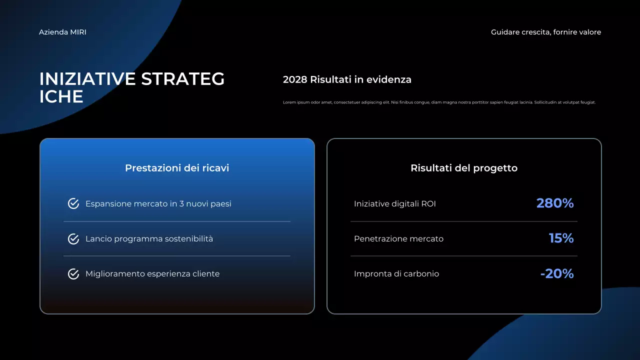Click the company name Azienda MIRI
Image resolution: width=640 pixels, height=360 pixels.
pyautogui.click(x=62, y=32)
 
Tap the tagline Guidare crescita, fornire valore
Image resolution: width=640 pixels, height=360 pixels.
pyautogui.click(x=545, y=32)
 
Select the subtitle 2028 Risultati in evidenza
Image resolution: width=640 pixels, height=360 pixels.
pyautogui.click(x=347, y=79)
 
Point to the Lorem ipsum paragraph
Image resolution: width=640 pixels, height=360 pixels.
pyautogui.click(x=439, y=102)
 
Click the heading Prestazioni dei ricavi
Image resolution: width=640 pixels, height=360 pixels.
pyautogui.click(x=177, y=168)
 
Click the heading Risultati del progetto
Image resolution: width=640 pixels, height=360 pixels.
pyautogui.click(x=463, y=168)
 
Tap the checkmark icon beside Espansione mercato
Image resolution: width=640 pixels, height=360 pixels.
pyautogui.click(x=73, y=203)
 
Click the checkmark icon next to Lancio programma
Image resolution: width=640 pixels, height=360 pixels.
pyautogui.click(x=73, y=239)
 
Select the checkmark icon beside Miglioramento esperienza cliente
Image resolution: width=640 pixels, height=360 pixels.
pyautogui.click(x=73, y=274)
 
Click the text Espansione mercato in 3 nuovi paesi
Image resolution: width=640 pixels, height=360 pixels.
pyautogui.click(x=158, y=204)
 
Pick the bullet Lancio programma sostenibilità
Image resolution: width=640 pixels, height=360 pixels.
pyautogui.click(x=149, y=239)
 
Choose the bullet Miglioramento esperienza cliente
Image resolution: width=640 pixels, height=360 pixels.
pyautogui.click(x=152, y=274)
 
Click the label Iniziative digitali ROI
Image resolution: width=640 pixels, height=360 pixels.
pyautogui.click(x=394, y=204)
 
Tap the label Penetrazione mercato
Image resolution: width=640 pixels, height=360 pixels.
pyautogui.click(x=398, y=239)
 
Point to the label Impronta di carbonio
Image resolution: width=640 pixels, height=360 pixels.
pyautogui.click(x=396, y=274)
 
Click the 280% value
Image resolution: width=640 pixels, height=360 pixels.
pyautogui.click(x=554, y=203)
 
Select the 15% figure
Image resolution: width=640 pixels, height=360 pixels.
pyautogui.click(x=561, y=238)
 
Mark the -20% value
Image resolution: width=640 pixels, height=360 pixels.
pyautogui.click(x=556, y=274)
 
